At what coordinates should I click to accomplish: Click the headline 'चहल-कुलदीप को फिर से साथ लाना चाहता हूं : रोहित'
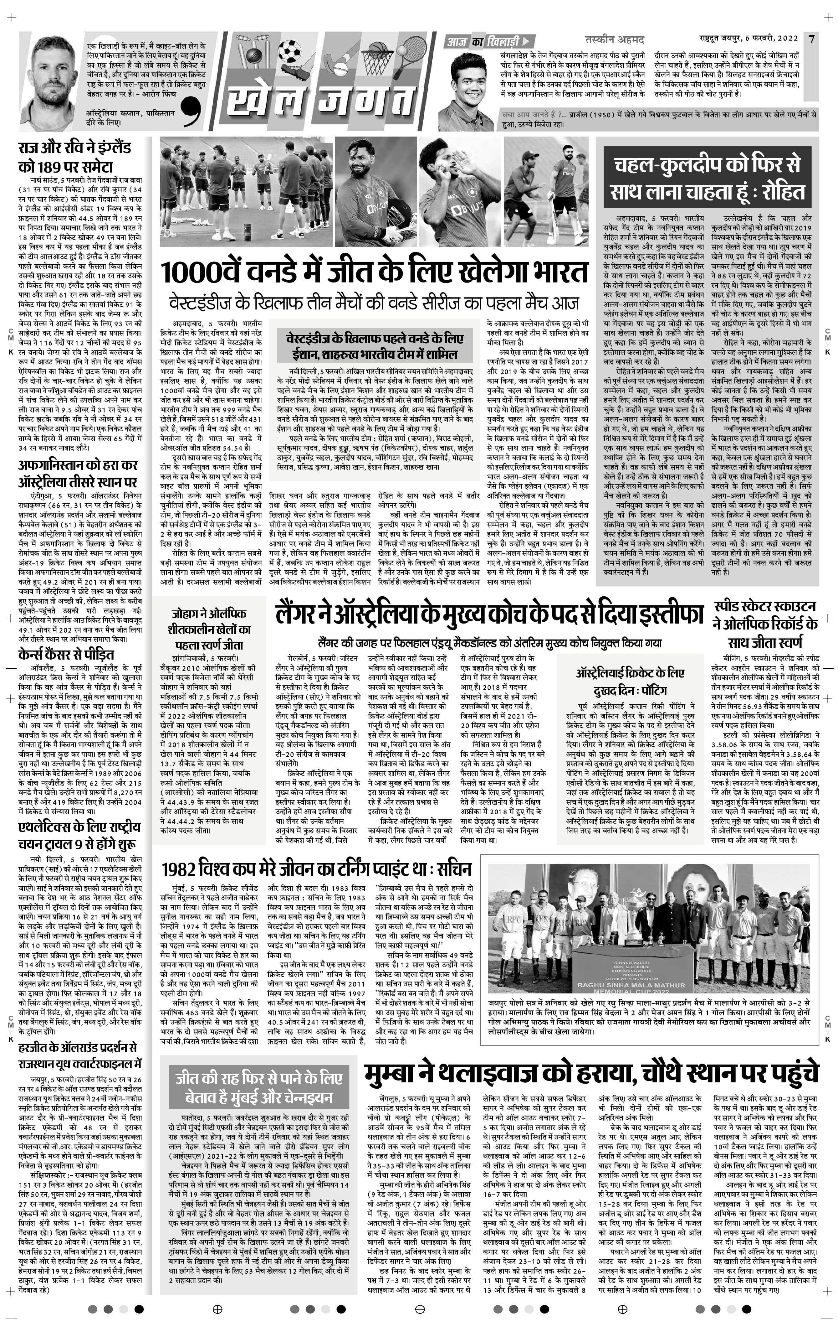coord(707,178)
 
